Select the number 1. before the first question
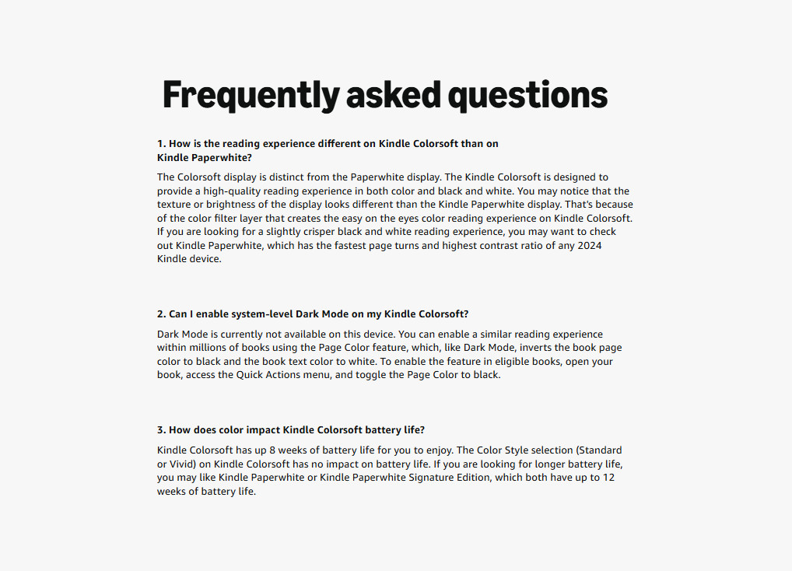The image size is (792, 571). [161, 144]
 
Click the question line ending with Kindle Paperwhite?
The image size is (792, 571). [205, 157]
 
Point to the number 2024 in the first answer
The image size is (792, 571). [589, 246]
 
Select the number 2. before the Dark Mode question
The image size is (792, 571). [161, 314]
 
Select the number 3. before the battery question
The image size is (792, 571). [161, 430]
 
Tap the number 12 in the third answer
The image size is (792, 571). [608, 478]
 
